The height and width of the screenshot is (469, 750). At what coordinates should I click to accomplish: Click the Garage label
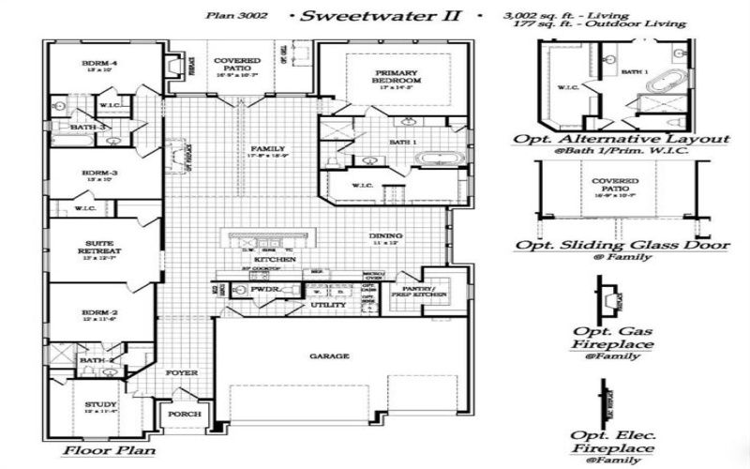pyautogui.click(x=329, y=356)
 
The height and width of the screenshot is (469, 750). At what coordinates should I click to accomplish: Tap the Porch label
pyautogui.click(x=184, y=414)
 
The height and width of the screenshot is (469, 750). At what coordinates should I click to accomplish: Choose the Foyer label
pyautogui.click(x=183, y=373)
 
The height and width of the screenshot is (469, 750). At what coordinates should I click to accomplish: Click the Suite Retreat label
pyautogui.click(x=101, y=247)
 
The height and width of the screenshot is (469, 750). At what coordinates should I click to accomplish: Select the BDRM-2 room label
pyautogui.click(x=100, y=313)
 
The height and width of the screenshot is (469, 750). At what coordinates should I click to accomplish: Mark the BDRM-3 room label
pyautogui.click(x=100, y=173)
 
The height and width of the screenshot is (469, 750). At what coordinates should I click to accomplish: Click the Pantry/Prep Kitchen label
pyautogui.click(x=416, y=293)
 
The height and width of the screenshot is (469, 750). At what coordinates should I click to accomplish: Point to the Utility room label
pyautogui.click(x=329, y=306)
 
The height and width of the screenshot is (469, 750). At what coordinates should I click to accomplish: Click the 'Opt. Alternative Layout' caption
pyautogui.click(x=620, y=139)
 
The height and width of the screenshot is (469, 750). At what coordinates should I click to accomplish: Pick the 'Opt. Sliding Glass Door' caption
pyautogui.click(x=621, y=245)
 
